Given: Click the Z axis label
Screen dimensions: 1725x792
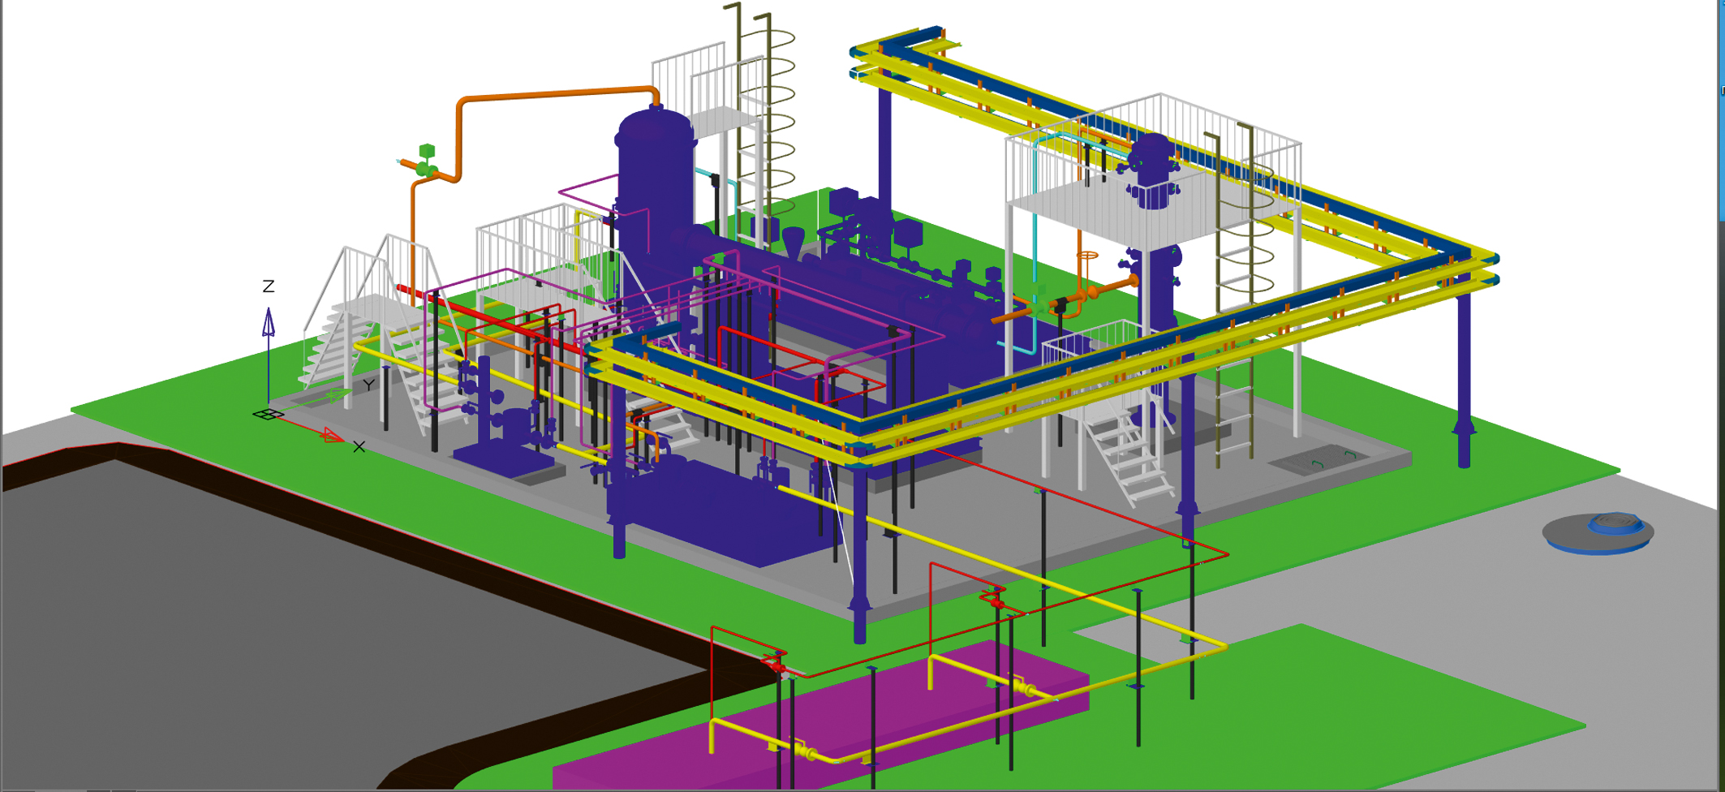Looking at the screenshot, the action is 269,286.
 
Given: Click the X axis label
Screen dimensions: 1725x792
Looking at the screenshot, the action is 359,447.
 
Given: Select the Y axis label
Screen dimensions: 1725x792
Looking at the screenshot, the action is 369,385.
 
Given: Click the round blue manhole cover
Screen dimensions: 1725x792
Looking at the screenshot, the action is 1598,532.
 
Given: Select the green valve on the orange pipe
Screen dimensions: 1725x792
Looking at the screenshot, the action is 427,162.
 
